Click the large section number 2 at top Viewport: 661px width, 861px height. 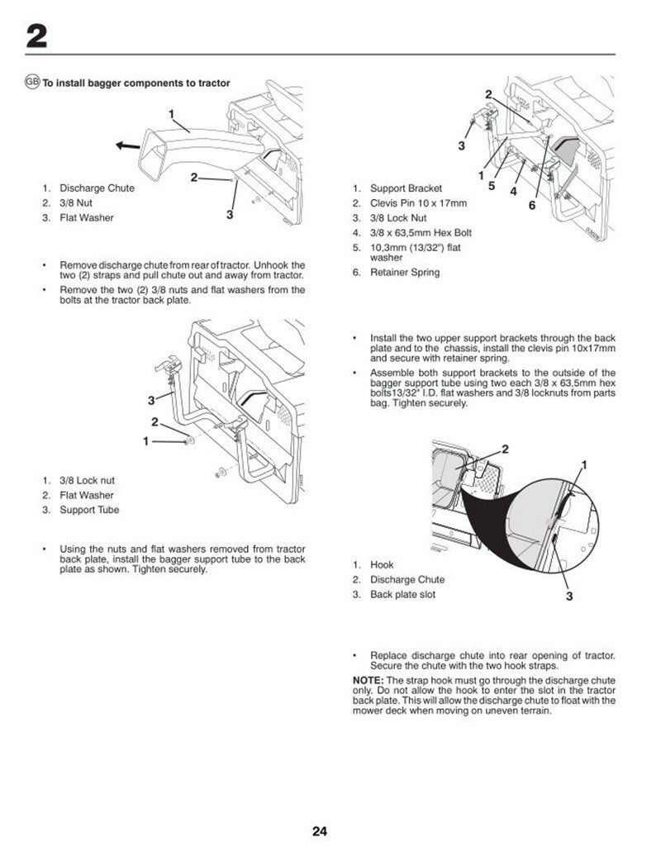pos(36,36)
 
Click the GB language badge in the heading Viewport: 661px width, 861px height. pos(32,82)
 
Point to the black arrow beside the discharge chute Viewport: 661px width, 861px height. pos(127,145)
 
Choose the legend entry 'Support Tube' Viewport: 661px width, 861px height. pos(89,510)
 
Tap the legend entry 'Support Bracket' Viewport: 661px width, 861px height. pos(406,188)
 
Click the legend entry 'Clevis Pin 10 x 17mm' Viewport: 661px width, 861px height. pos(418,203)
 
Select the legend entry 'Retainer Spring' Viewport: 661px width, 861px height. pos(405,272)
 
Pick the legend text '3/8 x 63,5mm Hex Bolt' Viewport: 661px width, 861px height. pos(421,232)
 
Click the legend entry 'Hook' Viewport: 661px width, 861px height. pos(382,564)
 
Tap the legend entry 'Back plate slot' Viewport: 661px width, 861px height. pos(402,594)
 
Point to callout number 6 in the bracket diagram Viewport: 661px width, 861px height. pos(532,204)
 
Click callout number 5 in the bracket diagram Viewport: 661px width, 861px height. pos(492,186)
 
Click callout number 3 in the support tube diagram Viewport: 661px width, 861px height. pos(151,401)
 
